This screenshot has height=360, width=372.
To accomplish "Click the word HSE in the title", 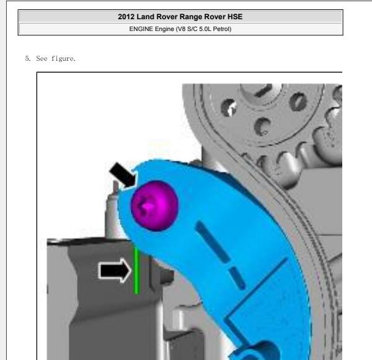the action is pos(235,17).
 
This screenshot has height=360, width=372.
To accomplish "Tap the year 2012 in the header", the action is pos(126,17).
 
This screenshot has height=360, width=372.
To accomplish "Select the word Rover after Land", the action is pos(167,17).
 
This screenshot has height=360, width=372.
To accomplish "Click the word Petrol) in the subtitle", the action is pos(222,29).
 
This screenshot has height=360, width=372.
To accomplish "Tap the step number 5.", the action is pos(28,58).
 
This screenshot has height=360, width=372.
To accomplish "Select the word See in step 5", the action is pos(42,58).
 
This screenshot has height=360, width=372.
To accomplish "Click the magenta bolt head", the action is pos(154,205).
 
